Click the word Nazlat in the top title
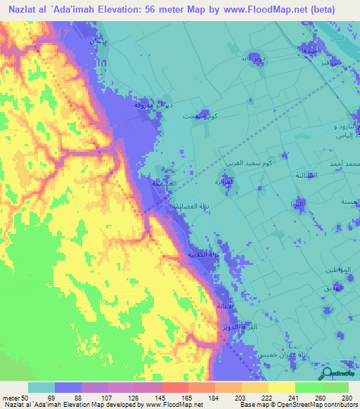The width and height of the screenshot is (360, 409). pos(24,9)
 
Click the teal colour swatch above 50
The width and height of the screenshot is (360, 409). pos(41,387)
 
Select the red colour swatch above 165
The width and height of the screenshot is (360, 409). pos(174,387)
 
